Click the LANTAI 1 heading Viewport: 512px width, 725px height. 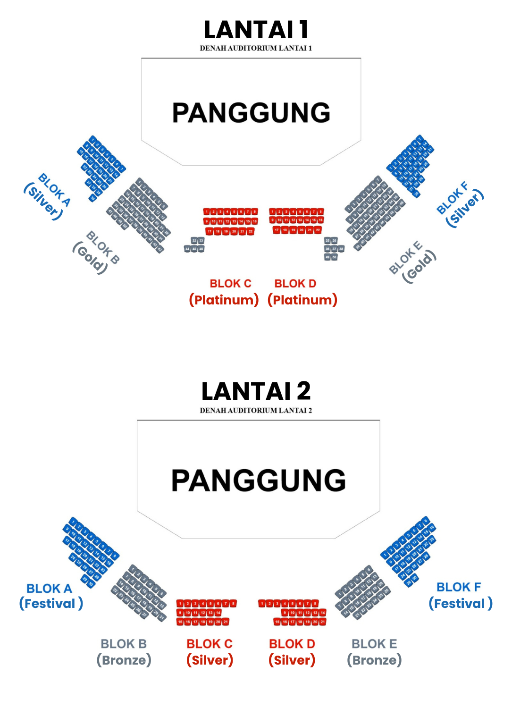[x=256, y=30]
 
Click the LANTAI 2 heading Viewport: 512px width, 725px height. [x=256, y=391]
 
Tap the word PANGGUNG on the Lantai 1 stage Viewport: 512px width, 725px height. [x=251, y=113]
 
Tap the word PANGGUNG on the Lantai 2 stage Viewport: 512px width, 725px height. [x=258, y=480]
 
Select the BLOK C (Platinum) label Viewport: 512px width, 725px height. [x=224, y=292]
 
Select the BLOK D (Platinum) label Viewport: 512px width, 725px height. [x=302, y=292]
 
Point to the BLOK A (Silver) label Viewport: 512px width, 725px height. [x=48, y=196]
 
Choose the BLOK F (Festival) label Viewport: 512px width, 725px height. [x=460, y=595]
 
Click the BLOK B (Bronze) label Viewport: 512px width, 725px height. [x=124, y=652]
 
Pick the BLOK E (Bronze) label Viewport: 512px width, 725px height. [x=374, y=652]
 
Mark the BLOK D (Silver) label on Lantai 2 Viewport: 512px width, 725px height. [x=292, y=652]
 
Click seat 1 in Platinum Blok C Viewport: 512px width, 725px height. [x=207, y=211]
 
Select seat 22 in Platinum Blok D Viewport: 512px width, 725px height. [x=318, y=230]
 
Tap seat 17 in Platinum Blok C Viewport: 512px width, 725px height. [x=209, y=231]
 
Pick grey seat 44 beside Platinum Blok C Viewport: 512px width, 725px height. [x=187, y=249]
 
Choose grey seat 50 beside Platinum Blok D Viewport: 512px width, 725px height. [x=334, y=257]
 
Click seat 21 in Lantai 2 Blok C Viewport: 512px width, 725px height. [x=226, y=622]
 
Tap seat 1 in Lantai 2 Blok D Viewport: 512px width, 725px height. [x=262, y=604]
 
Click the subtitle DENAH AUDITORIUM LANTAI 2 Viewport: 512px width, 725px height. [x=256, y=411]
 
